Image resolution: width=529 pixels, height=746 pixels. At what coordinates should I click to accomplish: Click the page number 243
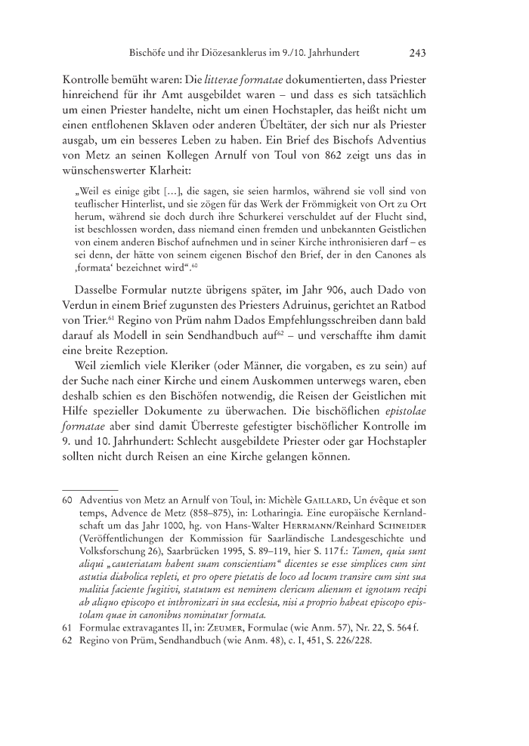418,54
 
